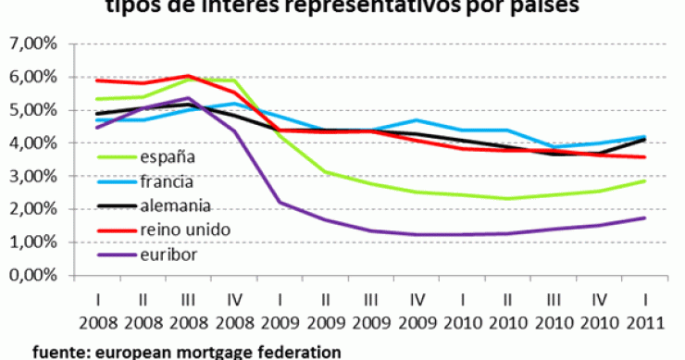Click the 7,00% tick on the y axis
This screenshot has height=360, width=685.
pos(33,43)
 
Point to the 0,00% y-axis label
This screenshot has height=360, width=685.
pos(33,275)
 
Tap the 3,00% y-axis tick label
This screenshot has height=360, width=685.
pos(33,176)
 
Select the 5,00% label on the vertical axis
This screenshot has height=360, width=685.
pos(33,110)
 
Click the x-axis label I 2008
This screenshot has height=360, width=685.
pos(97,315)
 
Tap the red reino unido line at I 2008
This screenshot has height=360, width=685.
pos(97,81)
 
